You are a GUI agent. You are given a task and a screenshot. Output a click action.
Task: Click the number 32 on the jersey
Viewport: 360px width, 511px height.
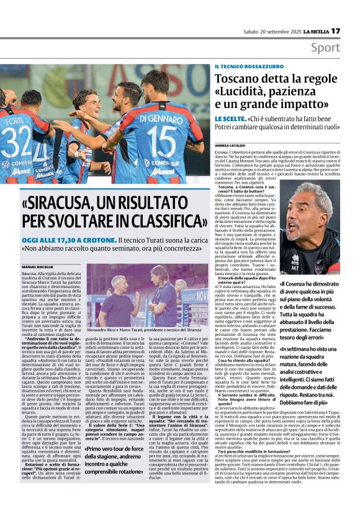pos(14,141)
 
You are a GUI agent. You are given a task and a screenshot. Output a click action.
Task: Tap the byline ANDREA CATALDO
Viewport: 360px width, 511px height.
pos(230,145)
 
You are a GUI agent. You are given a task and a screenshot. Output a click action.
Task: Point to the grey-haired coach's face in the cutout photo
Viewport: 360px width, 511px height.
pos(318,214)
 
